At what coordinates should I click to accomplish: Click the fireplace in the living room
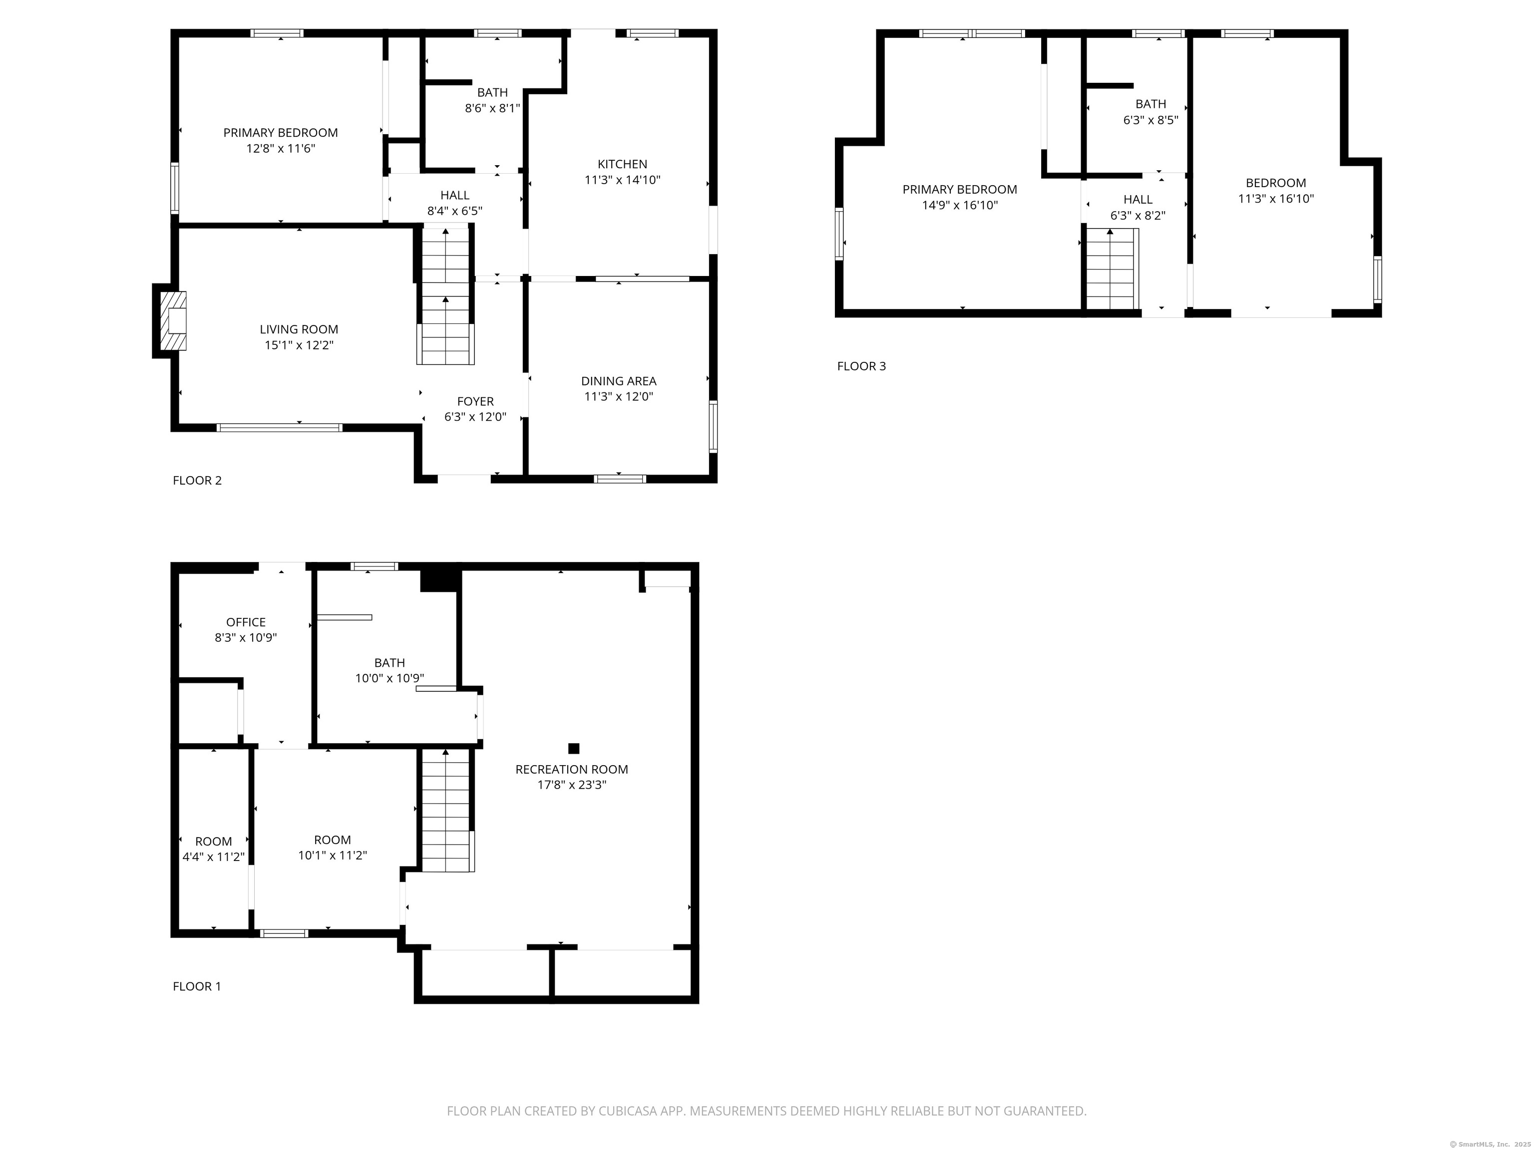pyautogui.click(x=173, y=320)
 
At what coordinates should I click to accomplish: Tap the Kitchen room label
pyautogui.click(x=622, y=164)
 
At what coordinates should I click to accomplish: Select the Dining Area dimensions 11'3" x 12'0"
pyautogui.click(x=619, y=396)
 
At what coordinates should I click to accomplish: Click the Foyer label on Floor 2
pyautogui.click(x=475, y=401)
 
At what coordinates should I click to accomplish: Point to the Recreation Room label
pyautogui.click(x=571, y=770)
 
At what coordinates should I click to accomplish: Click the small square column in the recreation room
pyautogui.click(x=574, y=748)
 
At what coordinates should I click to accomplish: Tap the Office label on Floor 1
pyautogui.click(x=246, y=622)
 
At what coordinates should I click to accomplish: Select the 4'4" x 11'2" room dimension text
pyautogui.click(x=214, y=857)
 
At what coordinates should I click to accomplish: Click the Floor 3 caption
pyautogui.click(x=861, y=366)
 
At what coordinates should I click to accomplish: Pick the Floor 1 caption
pyautogui.click(x=197, y=986)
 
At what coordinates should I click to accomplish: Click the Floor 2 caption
pyautogui.click(x=197, y=480)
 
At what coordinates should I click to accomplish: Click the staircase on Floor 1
pyautogui.click(x=446, y=810)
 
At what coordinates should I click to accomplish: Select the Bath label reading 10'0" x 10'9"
pyautogui.click(x=389, y=670)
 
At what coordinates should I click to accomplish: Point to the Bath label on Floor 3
pyautogui.click(x=1150, y=112)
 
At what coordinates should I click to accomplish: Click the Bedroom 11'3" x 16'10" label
pyautogui.click(x=1276, y=191)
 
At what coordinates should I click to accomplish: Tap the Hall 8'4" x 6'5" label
pyautogui.click(x=454, y=203)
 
